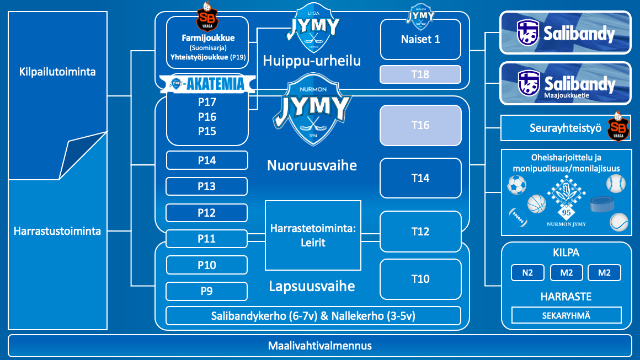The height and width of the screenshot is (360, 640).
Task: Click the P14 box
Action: (x=207, y=160)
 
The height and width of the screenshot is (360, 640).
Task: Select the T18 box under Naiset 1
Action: (x=420, y=74)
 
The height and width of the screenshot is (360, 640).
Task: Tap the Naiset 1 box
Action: (x=420, y=40)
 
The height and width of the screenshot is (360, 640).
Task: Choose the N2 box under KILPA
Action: (x=528, y=272)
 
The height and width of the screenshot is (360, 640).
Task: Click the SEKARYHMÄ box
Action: (x=566, y=315)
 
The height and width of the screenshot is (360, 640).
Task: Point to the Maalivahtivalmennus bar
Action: (x=320, y=346)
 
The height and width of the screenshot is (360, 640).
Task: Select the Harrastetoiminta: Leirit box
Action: (x=313, y=235)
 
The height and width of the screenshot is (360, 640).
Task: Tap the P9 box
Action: (x=207, y=291)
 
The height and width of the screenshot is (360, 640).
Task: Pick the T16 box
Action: (x=420, y=126)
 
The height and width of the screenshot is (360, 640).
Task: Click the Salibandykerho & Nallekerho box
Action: (x=313, y=316)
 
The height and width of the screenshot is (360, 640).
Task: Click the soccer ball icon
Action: (x=516, y=185)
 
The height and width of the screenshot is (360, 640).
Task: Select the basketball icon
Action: (x=536, y=204)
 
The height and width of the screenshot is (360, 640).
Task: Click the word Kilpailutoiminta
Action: (x=57, y=72)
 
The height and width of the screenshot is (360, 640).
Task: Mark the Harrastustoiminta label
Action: (x=57, y=231)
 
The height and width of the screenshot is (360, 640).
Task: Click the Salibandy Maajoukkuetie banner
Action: (x=565, y=84)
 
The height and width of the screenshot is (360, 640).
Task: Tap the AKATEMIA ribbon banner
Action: (x=207, y=84)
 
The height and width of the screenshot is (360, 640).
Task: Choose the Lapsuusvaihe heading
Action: (x=312, y=286)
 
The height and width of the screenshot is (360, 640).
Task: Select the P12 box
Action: (x=207, y=213)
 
